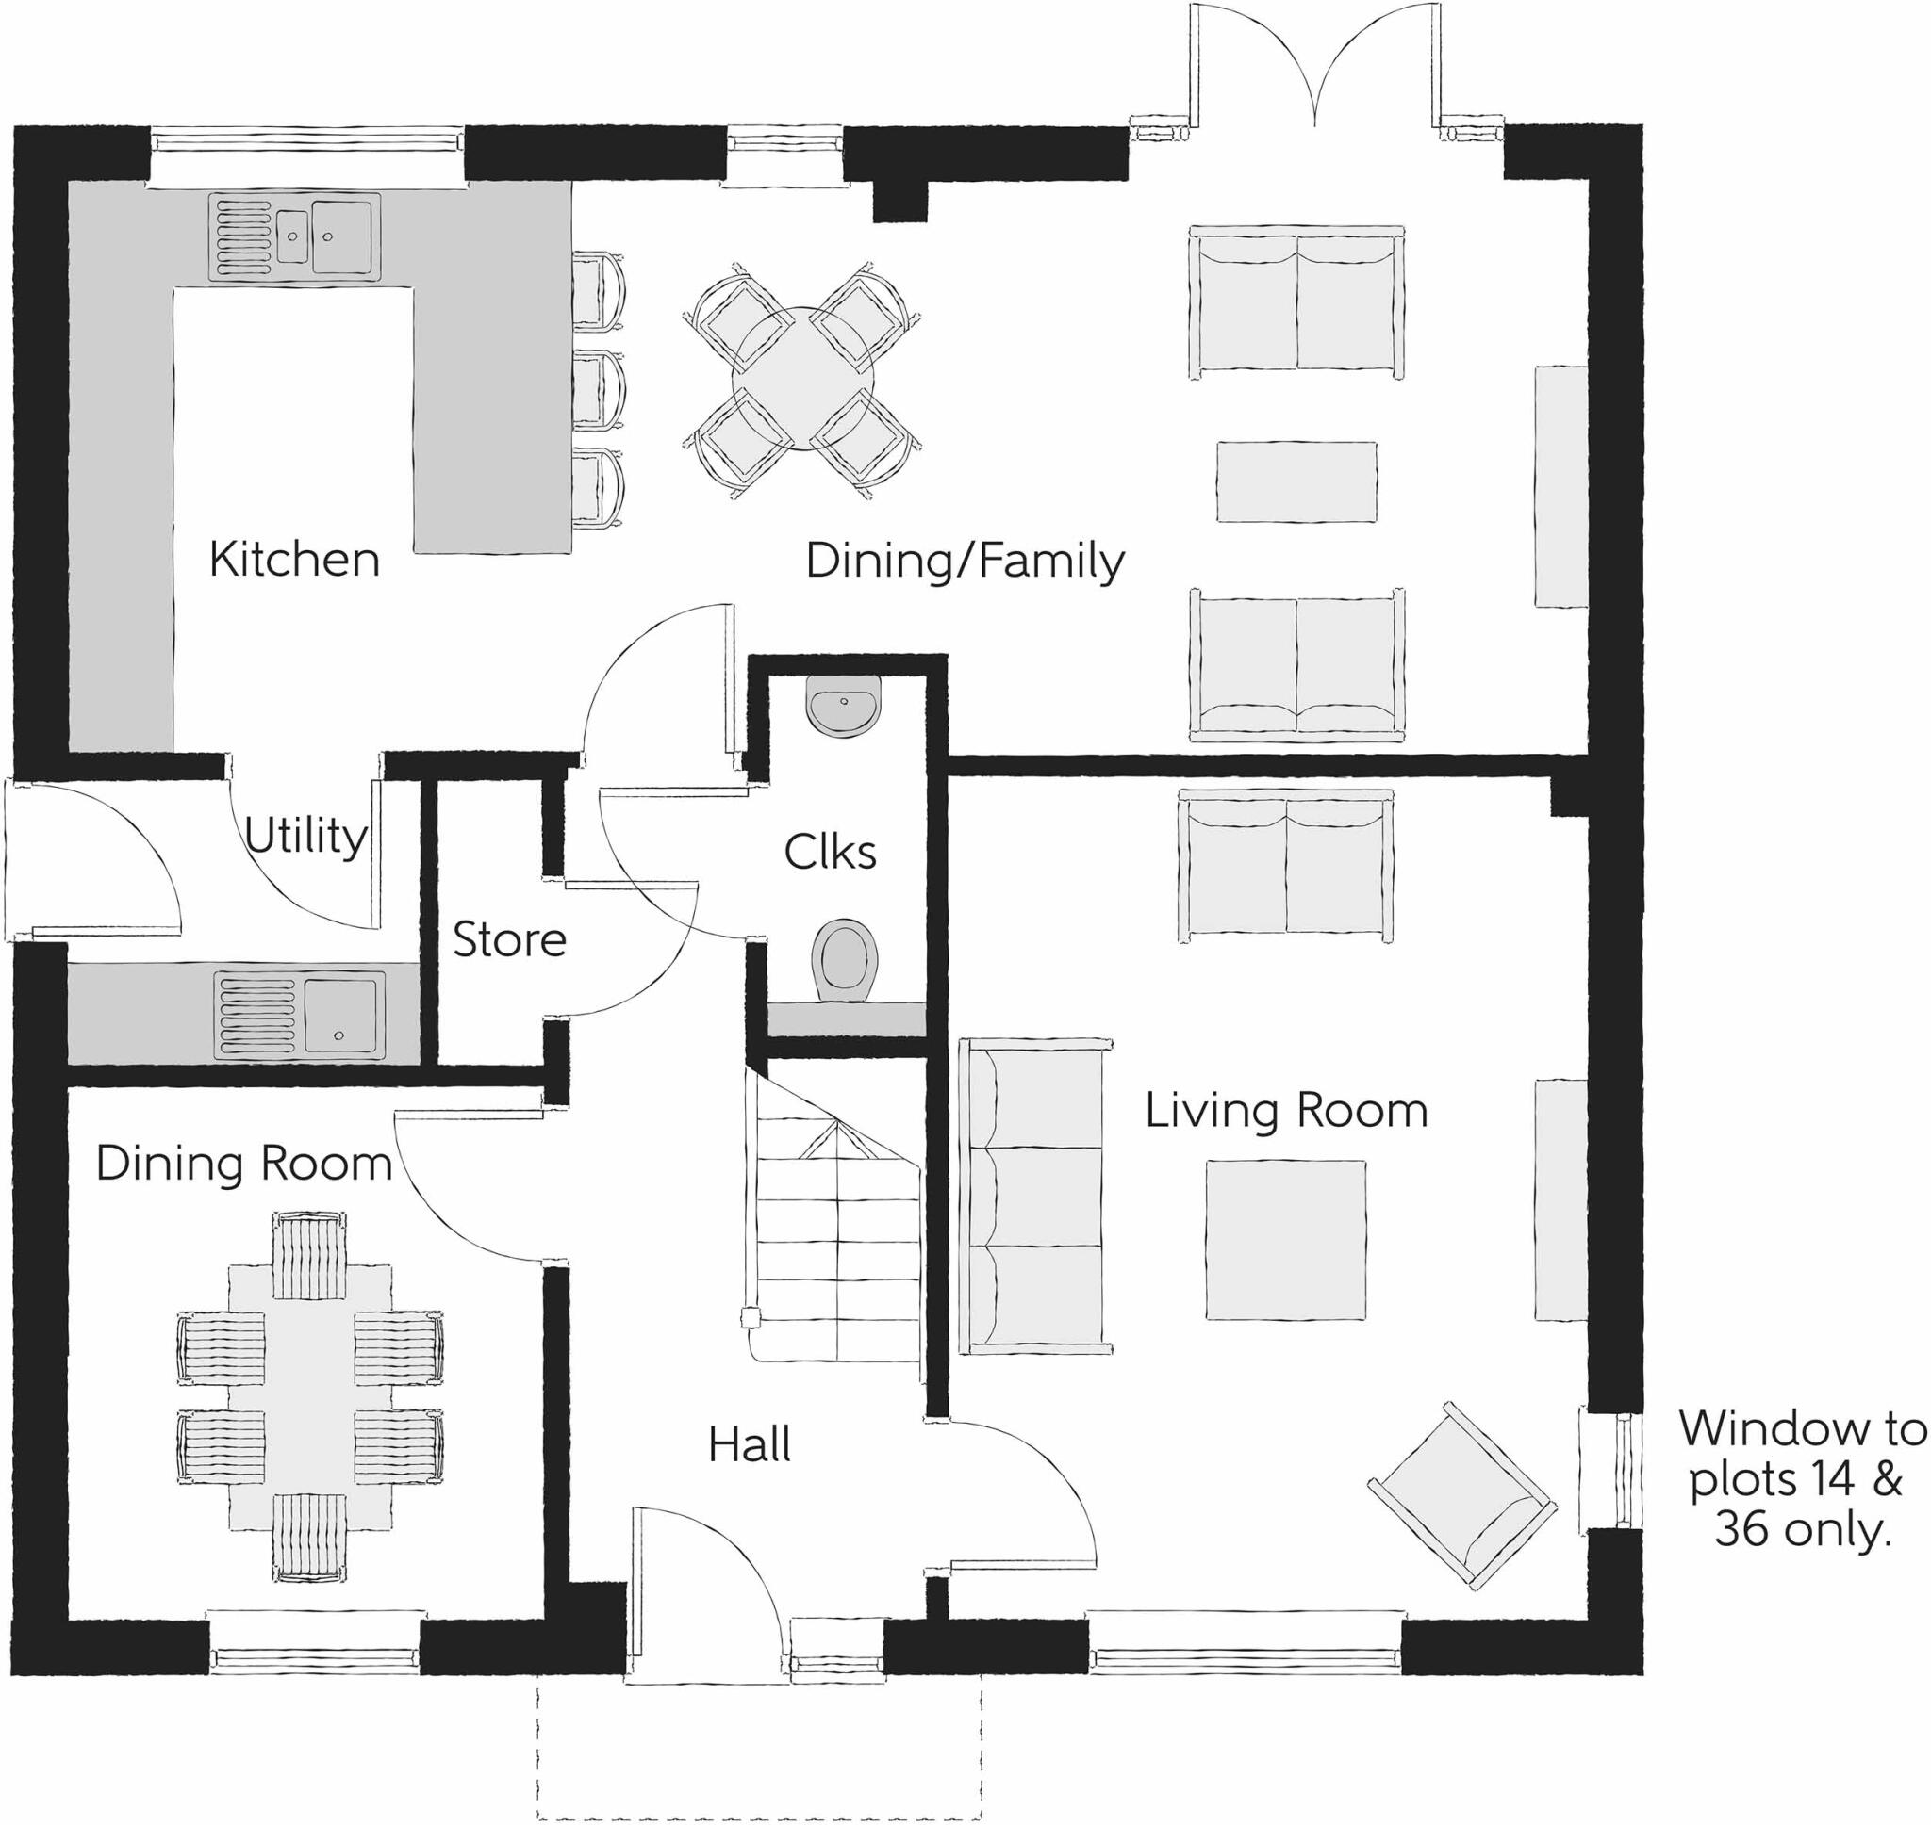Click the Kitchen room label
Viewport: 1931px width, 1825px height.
click(x=294, y=560)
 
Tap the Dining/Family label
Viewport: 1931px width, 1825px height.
click(x=965, y=562)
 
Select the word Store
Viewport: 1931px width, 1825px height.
click(x=509, y=939)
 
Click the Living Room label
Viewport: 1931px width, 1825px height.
click(x=1286, y=1110)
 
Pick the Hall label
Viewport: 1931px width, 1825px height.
click(x=749, y=1443)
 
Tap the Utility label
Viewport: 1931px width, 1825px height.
click(x=305, y=835)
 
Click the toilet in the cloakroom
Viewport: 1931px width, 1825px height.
click(x=844, y=959)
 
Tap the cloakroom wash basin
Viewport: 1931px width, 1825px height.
click(x=843, y=702)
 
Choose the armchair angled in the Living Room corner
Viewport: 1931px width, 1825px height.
click(x=1461, y=1496)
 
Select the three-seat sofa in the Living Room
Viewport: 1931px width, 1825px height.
click(x=1034, y=1196)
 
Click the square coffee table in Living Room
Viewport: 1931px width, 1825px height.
click(x=1285, y=1239)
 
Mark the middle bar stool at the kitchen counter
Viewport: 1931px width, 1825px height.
click(x=597, y=389)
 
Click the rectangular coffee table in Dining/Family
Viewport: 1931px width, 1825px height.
click(x=1296, y=481)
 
